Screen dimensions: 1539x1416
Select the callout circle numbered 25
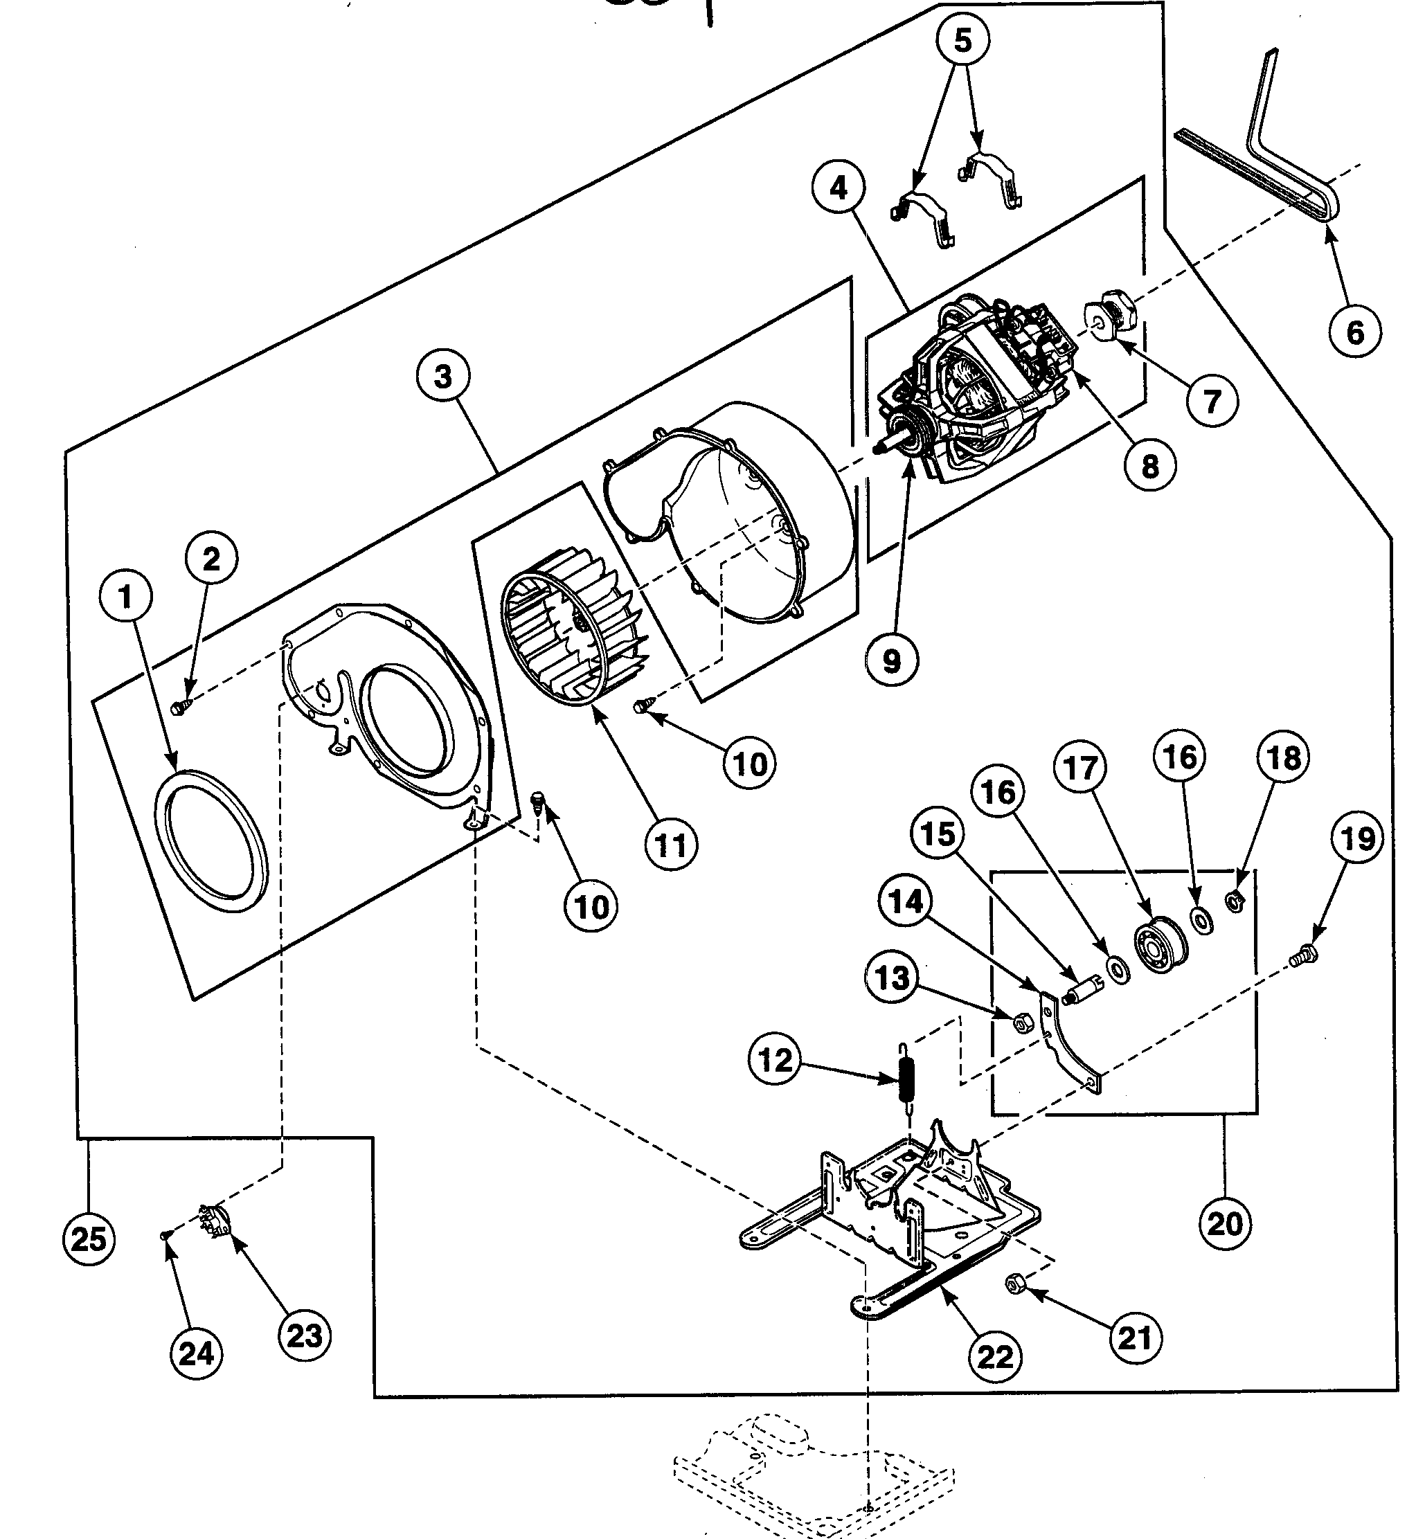(x=89, y=1239)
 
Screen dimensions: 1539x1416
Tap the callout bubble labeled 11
(x=671, y=846)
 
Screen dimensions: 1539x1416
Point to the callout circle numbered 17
(x=1080, y=768)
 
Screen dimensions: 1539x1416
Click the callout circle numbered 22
(x=995, y=1358)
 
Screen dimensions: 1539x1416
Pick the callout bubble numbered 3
(x=443, y=377)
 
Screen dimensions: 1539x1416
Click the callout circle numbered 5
(x=963, y=40)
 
